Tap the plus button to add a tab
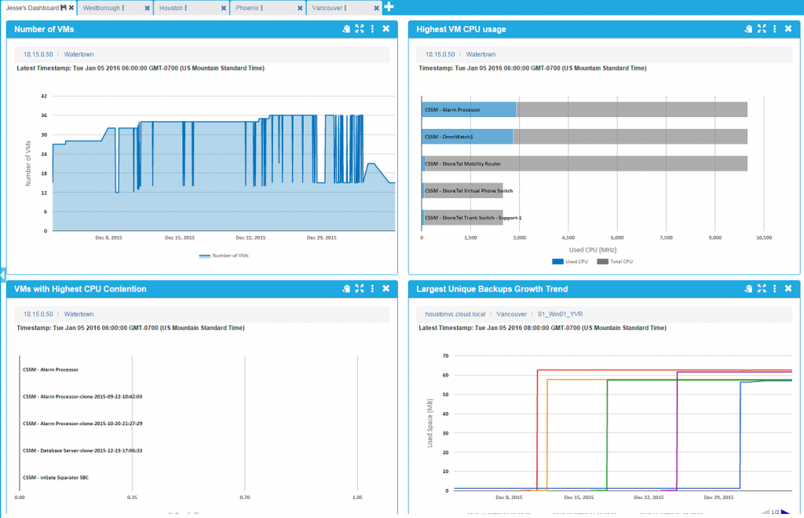tap(389, 7)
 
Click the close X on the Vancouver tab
tap(376, 8)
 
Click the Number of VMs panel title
tap(44, 29)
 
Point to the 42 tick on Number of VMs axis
tap(44, 97)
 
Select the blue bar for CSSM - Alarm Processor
tap(468, 109)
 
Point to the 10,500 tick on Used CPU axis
tap(762, 237)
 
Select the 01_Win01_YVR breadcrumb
tap(560, 314)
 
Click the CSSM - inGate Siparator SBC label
tap(56, 477)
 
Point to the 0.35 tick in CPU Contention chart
tap(132, 497)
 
